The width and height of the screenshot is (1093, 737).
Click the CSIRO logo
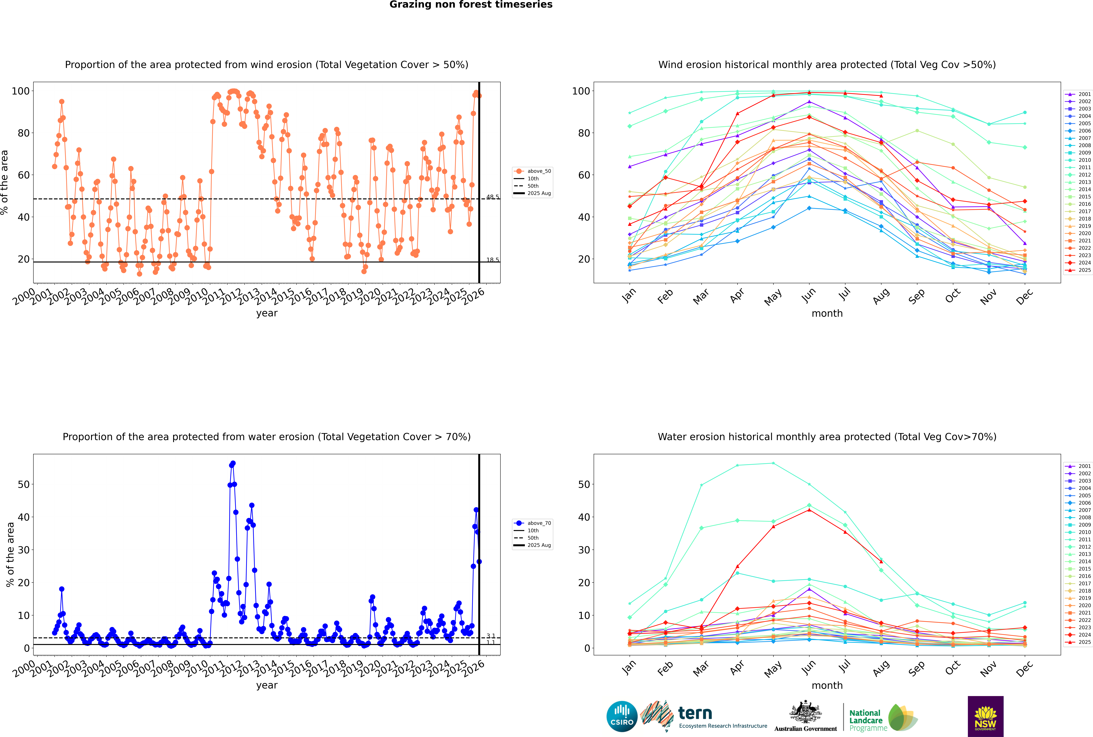[x=622, y=716]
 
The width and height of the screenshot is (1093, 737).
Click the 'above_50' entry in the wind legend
[x=539, y=171]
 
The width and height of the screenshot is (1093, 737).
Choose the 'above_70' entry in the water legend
[x=539, y=523]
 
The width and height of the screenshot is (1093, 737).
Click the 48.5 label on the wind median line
[x=492, y=197]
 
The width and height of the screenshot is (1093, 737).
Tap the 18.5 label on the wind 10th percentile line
[x=492, y=260]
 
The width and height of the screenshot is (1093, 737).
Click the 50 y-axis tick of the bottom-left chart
[x=23, y=485]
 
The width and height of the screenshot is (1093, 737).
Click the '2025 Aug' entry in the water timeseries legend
[x=539, y=545]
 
